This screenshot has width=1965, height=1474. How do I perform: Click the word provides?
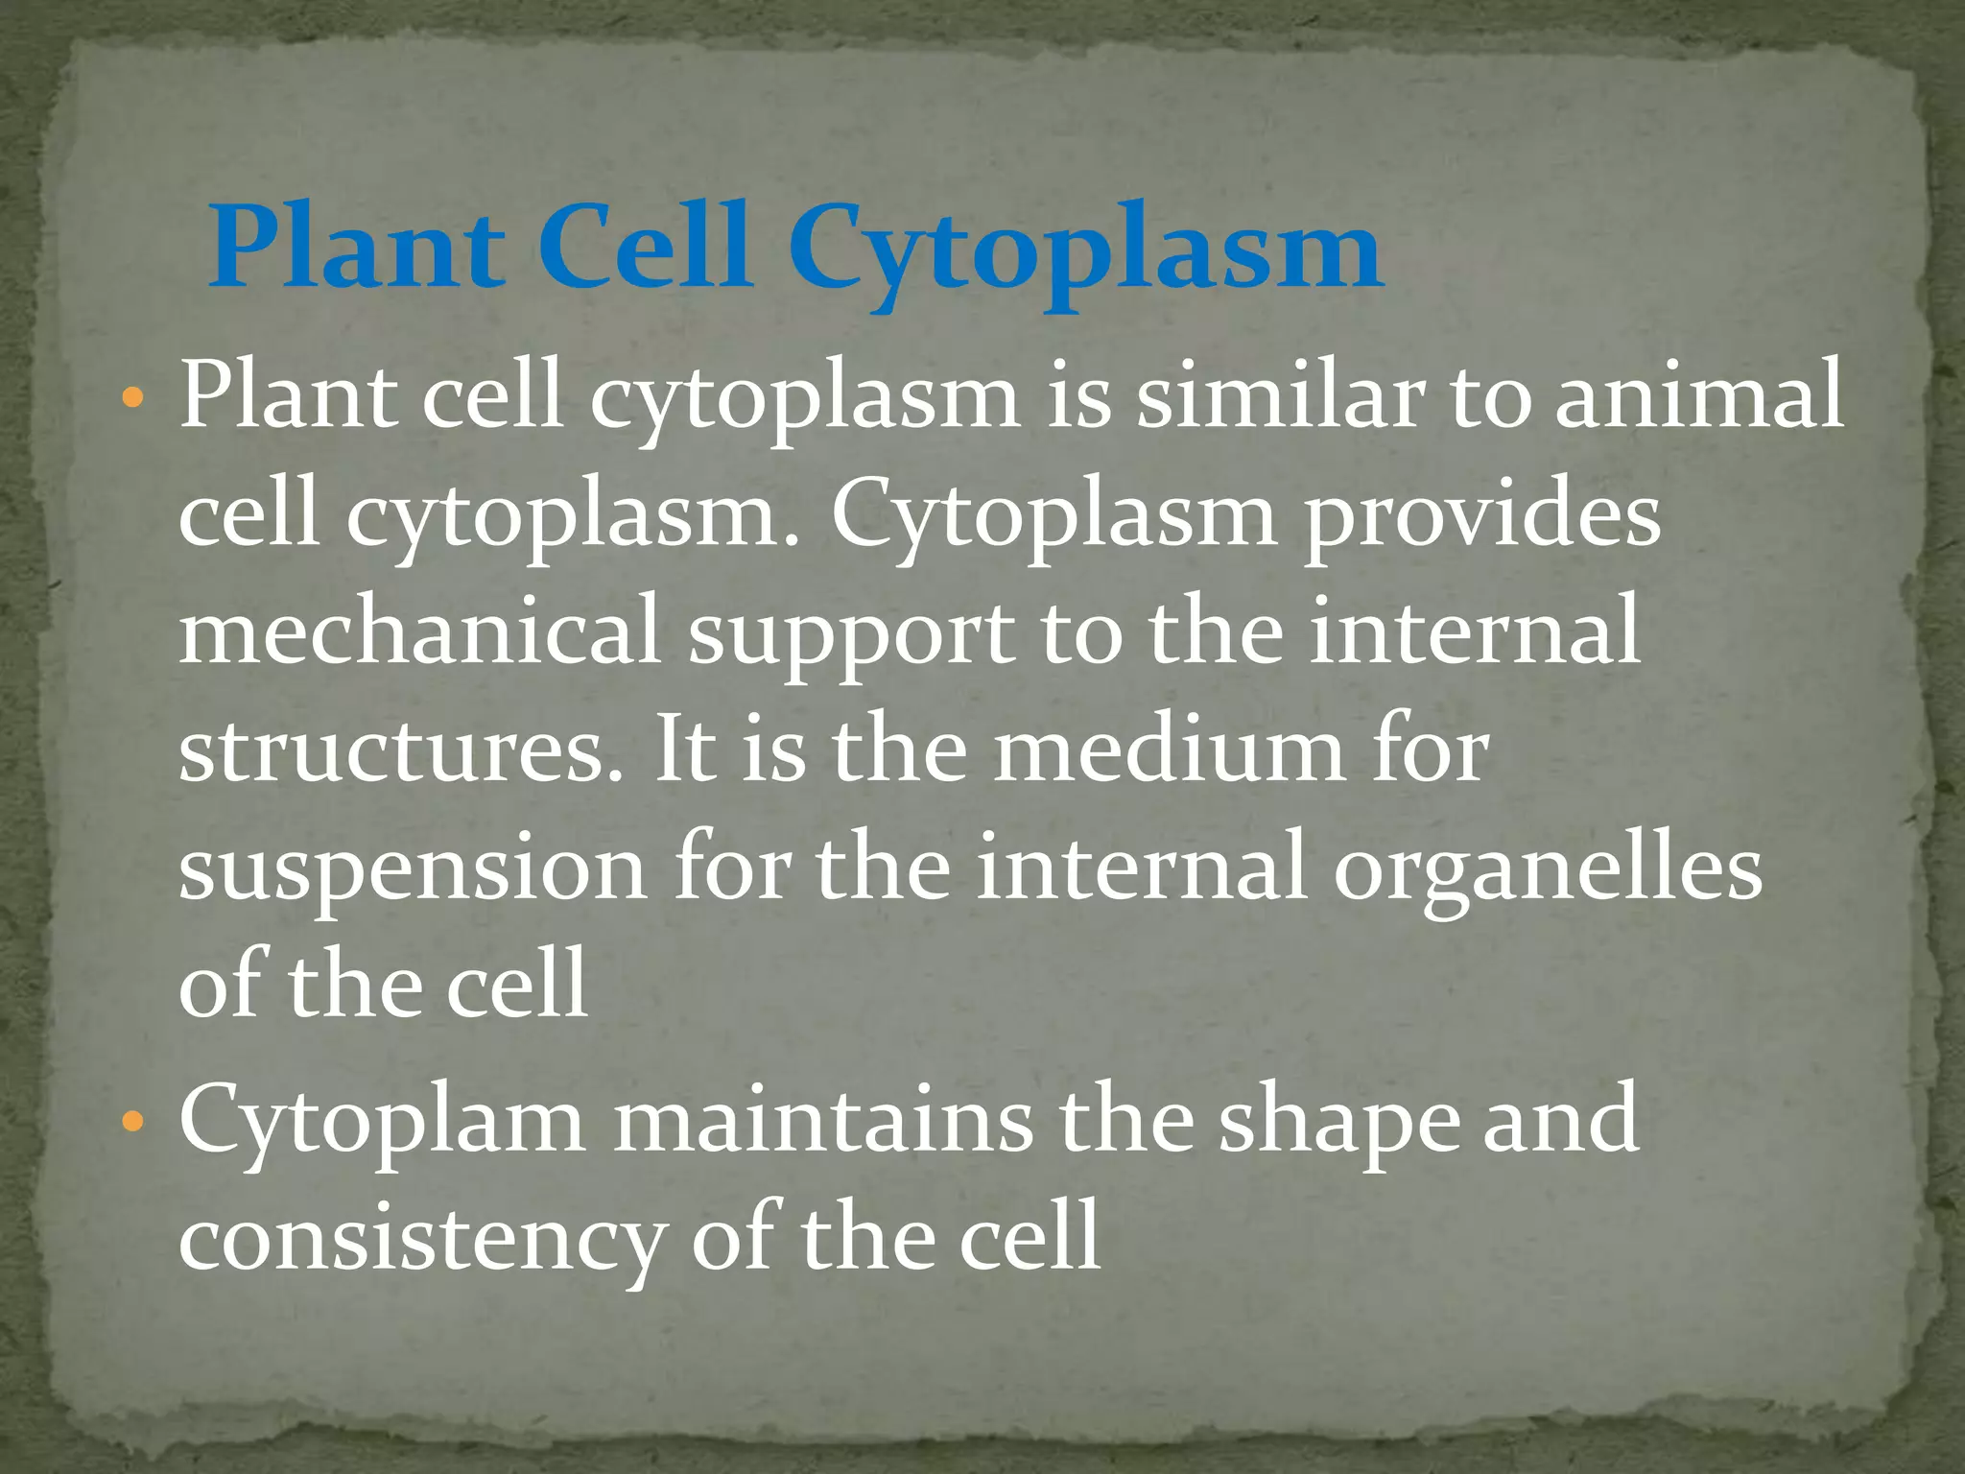(x=1481, y=518)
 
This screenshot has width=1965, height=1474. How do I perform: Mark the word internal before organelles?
(x=1142, y=868)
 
